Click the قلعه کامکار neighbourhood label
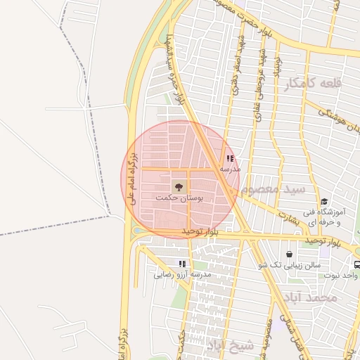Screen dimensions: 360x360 click(313, 84)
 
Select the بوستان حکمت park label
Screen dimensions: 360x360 click(179, 199)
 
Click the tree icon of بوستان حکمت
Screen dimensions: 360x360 click(179, 186)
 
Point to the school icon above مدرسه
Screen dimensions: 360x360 click(230, 159)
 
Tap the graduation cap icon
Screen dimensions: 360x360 click(323, 201)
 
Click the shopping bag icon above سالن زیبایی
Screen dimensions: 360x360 click(289, 254)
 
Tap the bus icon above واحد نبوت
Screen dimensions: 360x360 click(356, 265)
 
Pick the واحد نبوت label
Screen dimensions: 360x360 click(347, 275)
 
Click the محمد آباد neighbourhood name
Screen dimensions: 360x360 click(316, 297)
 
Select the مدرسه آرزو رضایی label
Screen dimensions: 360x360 click(182, 274)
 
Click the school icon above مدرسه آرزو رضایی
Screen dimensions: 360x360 click(182, 264)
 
